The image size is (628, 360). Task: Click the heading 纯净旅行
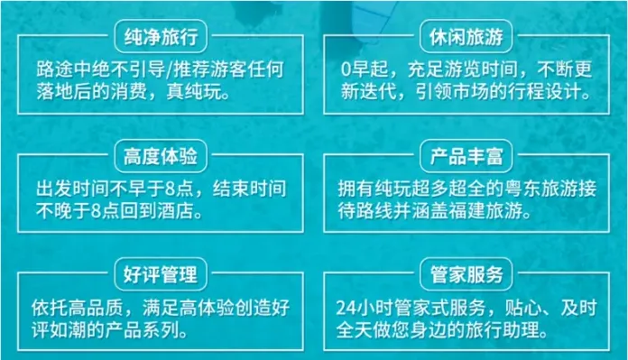pyautogui.click(x=160, y=38)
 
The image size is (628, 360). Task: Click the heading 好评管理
pyautogui.click(x=160, y=272)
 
